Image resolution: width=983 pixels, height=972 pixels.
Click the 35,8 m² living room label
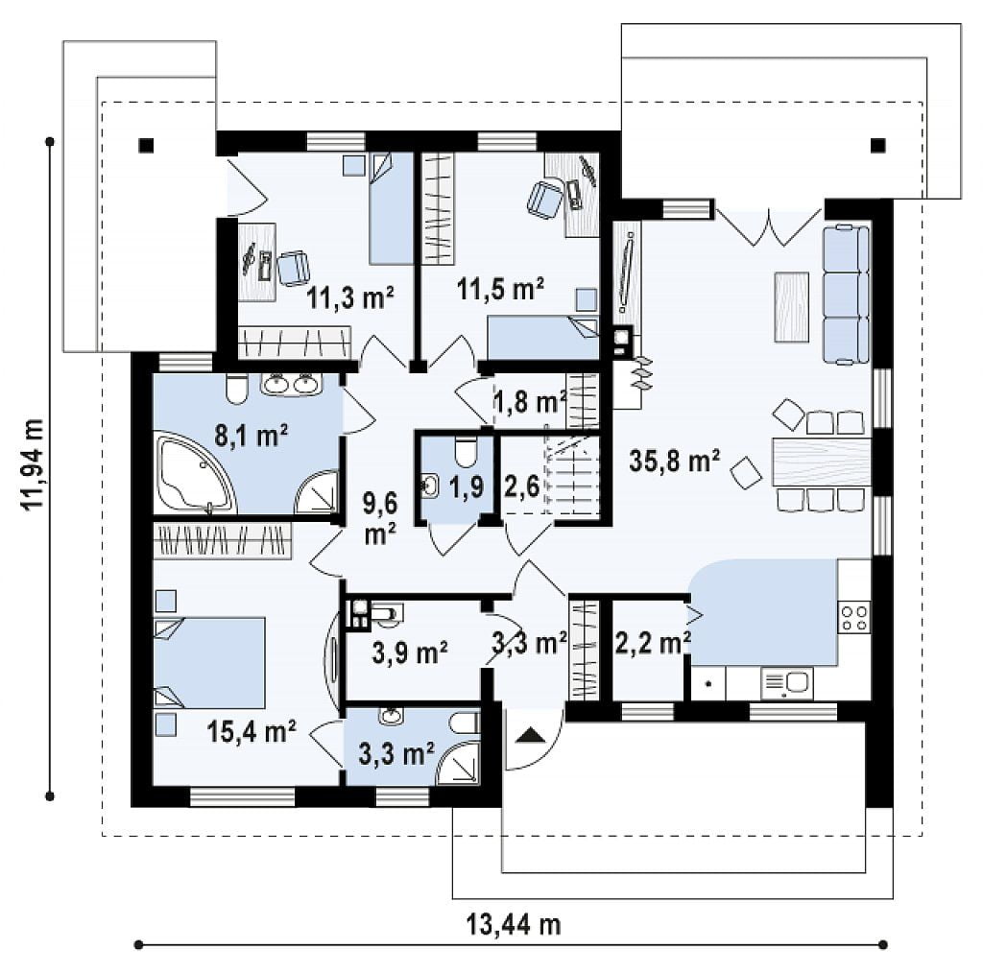pos(674,462)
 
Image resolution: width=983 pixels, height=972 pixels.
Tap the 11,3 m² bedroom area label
pos(349,297)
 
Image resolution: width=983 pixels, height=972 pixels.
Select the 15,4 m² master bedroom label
pos(252,731)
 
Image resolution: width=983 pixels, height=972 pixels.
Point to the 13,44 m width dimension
pos(513,924)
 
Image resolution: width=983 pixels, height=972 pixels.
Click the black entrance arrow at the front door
pos(531,734)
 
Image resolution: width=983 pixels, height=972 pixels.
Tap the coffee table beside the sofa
pos(792,307)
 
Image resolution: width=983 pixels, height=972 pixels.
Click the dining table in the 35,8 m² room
pos(822,462)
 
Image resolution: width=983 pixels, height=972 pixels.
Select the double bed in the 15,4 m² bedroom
pos(209,662)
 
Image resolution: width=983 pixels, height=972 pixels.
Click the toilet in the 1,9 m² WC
pos(466,452)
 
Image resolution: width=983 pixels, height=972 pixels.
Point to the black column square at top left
pos(146,146)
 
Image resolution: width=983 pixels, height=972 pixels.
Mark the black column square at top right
pos(877,146)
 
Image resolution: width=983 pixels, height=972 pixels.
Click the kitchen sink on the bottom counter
pos(787,683)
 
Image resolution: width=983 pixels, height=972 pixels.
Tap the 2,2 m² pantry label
pos(653,643)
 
